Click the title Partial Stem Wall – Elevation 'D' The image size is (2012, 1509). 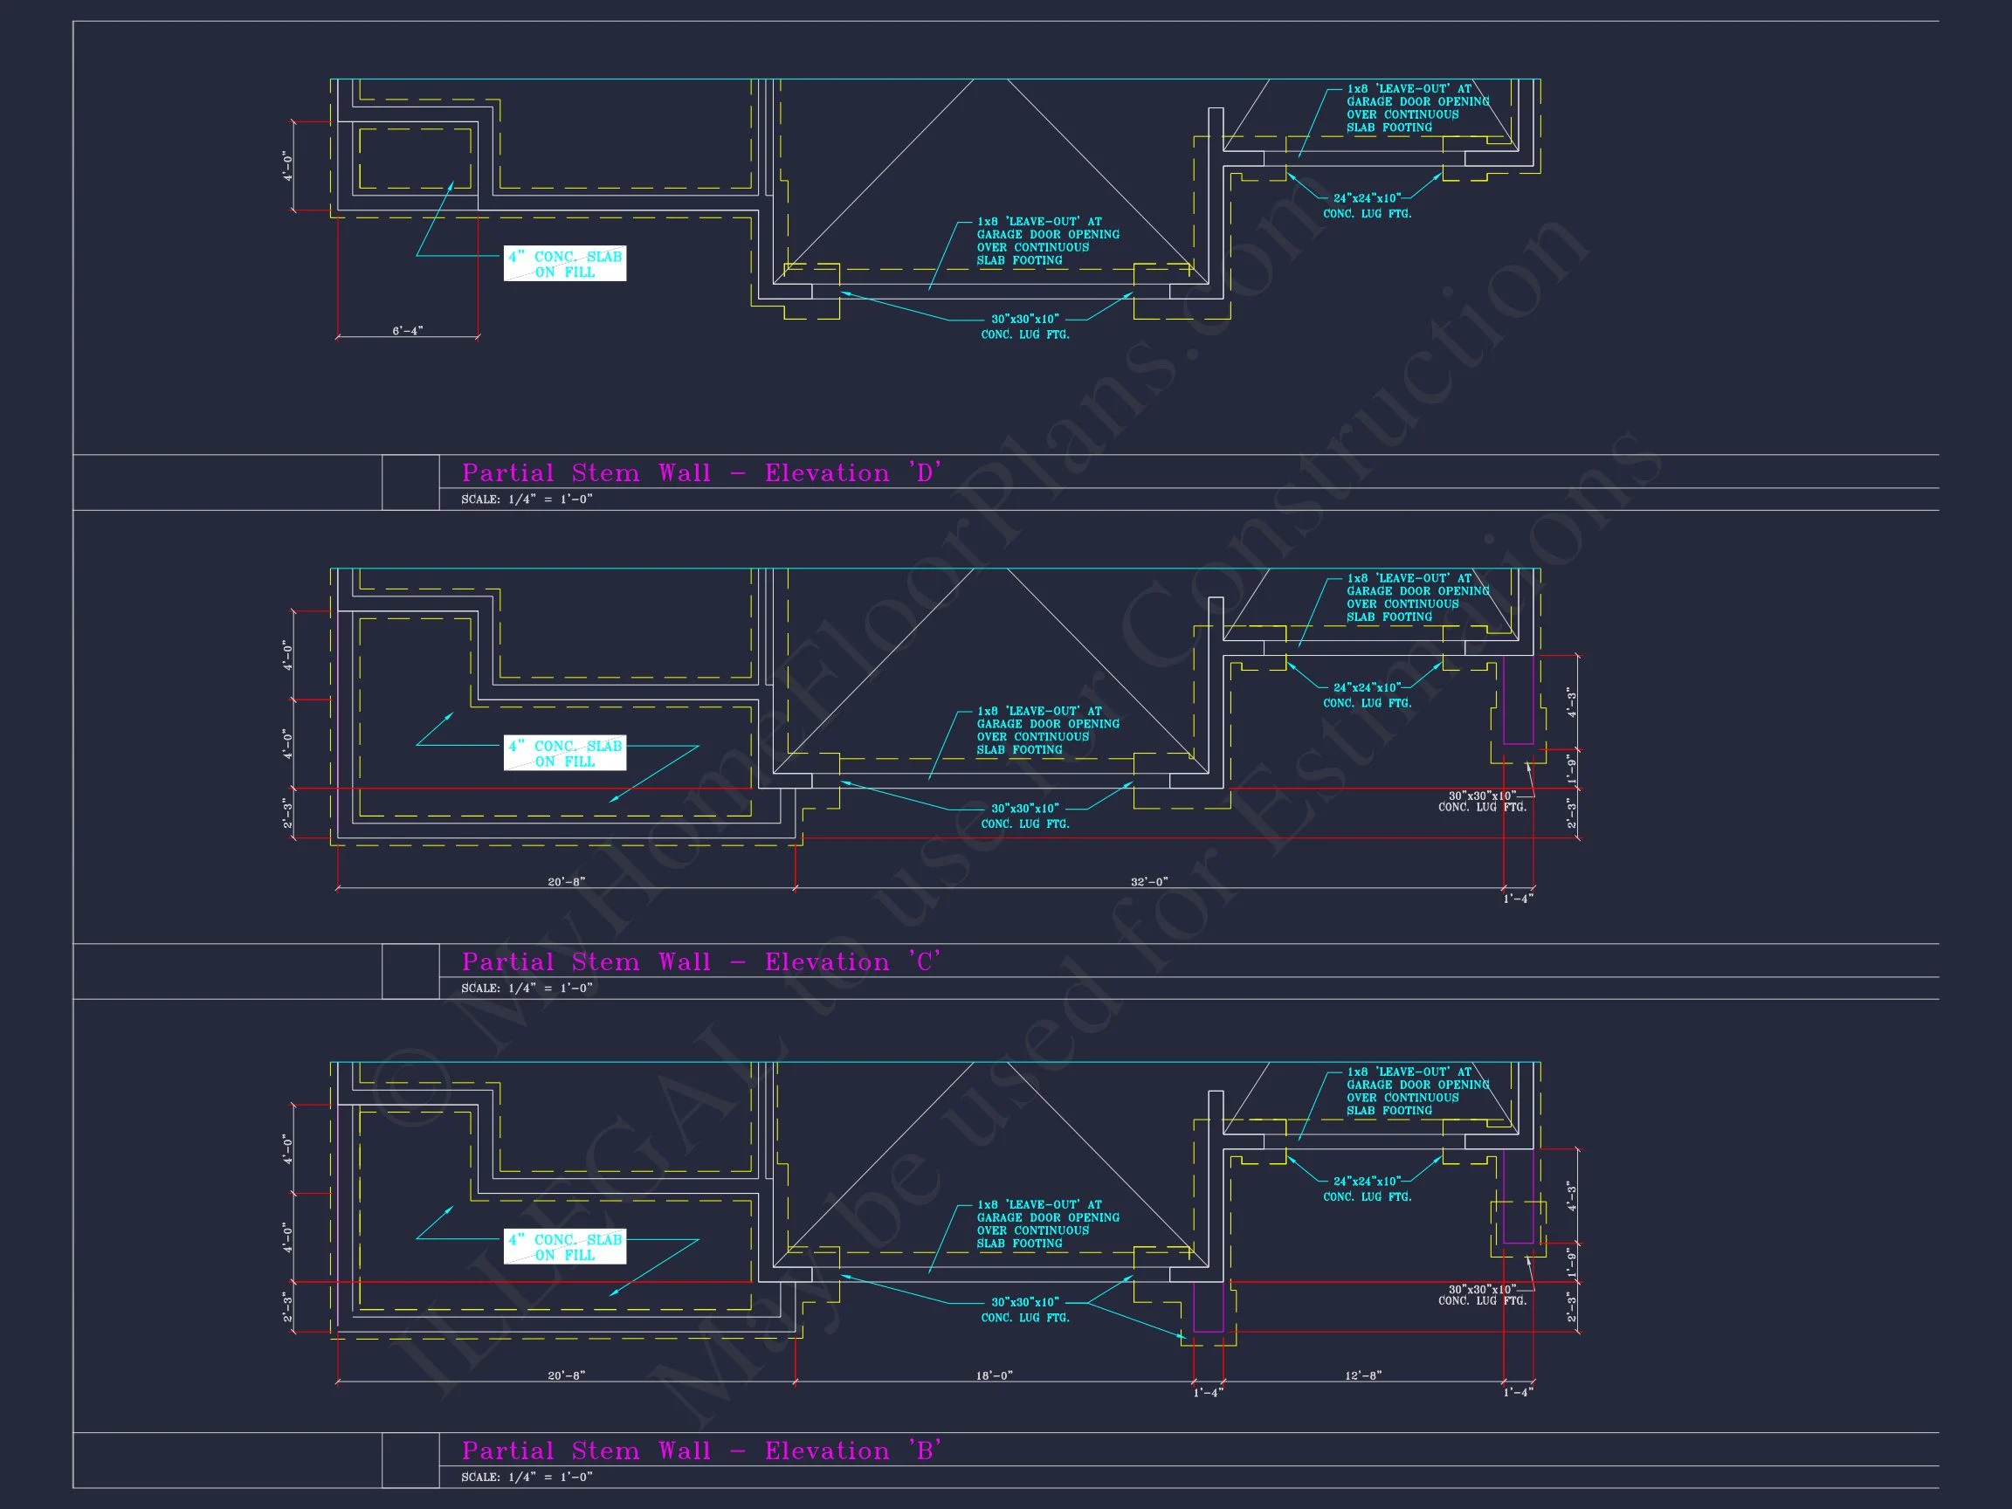point(700,473)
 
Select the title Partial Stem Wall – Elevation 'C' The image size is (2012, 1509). point(700,962)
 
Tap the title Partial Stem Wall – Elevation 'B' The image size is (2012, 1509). point(700,1450)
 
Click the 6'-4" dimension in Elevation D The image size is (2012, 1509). point(408,331)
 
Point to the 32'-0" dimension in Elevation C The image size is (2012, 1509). point(1149,882)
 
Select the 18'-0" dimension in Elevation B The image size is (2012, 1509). point(994,1376)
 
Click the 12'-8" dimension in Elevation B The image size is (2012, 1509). point(1362,1376)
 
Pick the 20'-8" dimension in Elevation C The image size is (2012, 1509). point(566,882)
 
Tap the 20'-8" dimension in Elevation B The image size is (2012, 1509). point(566,1376)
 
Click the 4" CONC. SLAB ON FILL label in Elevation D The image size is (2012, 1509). point(565,264)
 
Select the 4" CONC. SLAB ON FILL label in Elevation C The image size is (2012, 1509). point(565,753)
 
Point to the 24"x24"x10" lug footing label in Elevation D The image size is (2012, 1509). point(1368,205)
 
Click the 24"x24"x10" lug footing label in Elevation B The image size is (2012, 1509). point(1368,1189)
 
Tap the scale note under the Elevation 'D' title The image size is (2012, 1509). point(527,500)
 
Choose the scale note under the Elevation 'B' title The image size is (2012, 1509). point(527,1478)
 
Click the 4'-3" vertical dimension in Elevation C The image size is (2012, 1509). point(1571,701)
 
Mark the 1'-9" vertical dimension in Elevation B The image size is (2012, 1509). point(1571,1262)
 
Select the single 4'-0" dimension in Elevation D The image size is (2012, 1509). point(288,167)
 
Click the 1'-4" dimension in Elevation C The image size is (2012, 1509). point(1518,899)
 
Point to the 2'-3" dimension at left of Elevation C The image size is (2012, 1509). point(288,813)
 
